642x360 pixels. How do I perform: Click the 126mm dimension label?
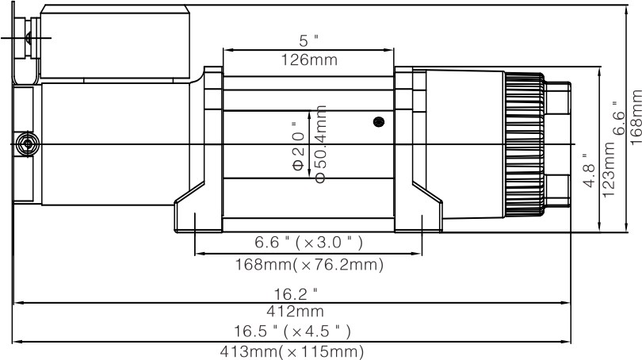(308, 59)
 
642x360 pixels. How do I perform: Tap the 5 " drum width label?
(308, 40)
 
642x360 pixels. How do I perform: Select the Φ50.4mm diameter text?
(320, 147)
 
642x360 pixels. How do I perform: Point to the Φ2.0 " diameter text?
(298, 147)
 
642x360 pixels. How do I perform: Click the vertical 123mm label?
(609, 171)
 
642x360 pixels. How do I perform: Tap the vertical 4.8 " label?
(587, 170)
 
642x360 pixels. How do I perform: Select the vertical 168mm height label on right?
(634, 113)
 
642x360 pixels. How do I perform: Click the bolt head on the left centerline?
(29, 144)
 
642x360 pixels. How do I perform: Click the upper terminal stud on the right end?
(559, 98)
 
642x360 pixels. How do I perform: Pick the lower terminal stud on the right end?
(559, 191)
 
